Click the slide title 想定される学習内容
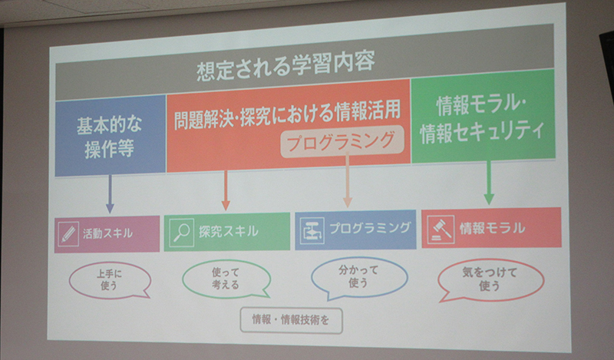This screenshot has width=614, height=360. pyautogui.click(x=286, y=66)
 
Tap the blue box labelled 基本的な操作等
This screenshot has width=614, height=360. pyautogui.click(x=110, y=136)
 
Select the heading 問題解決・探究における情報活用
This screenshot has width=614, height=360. pyautogui.click(x=287, y=114)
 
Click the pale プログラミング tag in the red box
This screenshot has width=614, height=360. pyautogui.click(x=342, y=141)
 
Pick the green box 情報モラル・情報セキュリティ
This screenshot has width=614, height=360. pyautogui.click(x=484, y=117)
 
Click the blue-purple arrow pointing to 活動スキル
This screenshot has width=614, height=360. pyautogui.click(x=110, y=194)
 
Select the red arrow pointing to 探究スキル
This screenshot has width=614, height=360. pyautogui.click(x=226, y=190)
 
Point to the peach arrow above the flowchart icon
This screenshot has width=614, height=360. pyautogui.click(x=348, y=180)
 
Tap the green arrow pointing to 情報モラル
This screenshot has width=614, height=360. pyautogui.click(x=489, y=182)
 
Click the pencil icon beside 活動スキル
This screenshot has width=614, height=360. pyautogui.click(x=68, y=234)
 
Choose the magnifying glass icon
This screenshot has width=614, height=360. pyautogui.click(x=181, y=233)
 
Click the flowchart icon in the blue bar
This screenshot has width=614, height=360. pyautogui.click(x=312, y=231)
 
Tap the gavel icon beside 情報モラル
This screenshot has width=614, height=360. pyautogui.click(x=441, y=230)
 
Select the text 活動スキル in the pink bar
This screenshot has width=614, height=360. pyautogui.click(x=107, y=234)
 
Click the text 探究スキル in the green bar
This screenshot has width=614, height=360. pyautogui.click(x=228, y=231)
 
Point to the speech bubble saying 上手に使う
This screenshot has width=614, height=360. pyautogui.click(x=109, y=279)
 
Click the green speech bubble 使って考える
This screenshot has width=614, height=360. pyautogui.click(x=226, y=279)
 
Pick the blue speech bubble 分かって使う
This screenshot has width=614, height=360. pyautogui.click(x=359, y=277)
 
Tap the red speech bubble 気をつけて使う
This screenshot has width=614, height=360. pyautogui.click(x=490, y=279)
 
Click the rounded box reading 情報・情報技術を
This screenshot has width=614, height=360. pyautogui.click(x=291, y=320)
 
